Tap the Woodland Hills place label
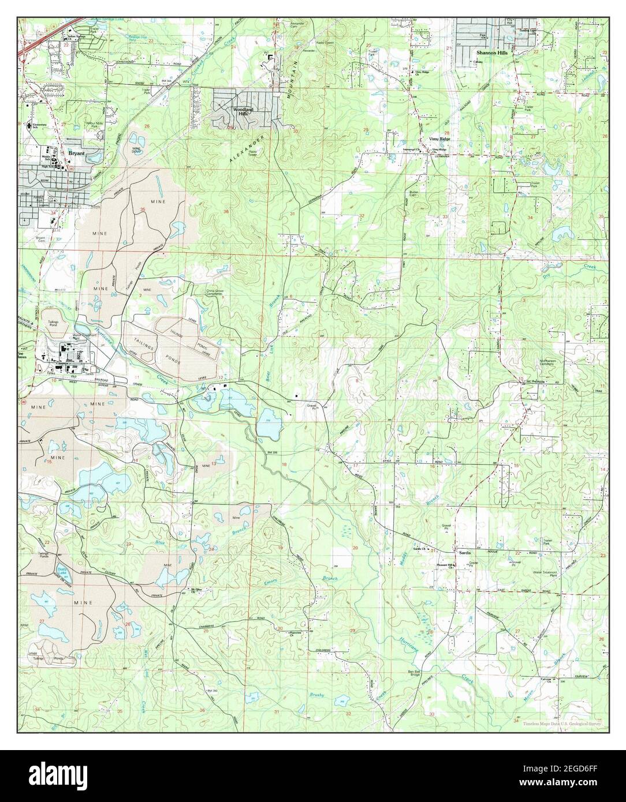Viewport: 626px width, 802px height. coord(243,111)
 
